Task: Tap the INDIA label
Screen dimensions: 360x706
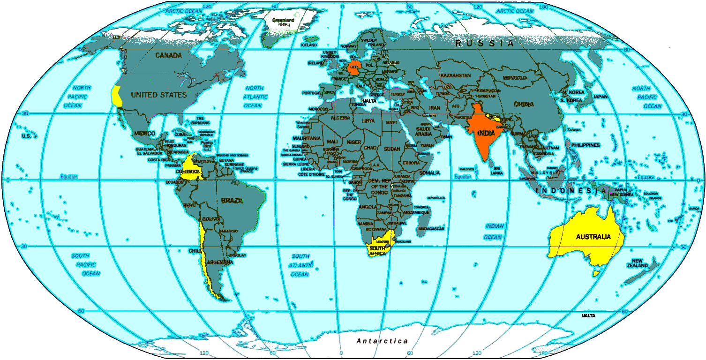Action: (x=486, y=133)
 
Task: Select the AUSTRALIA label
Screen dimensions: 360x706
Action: (x=593, y=237)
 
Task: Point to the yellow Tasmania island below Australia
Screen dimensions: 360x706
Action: (x=597, y=272)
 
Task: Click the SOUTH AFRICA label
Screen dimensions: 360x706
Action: (x=377, y=250)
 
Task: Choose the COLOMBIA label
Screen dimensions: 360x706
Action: (x=190, y=172)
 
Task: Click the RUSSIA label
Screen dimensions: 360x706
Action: (x=485, y=44)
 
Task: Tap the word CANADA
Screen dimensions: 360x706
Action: (x=168, y=55)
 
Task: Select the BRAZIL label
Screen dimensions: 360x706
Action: (x=232, y=201)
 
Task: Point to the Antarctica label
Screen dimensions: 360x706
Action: (x=382, y=341)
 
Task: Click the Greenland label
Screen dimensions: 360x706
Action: (x=284, y=21)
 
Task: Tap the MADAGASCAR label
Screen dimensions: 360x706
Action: (x=431, y=229)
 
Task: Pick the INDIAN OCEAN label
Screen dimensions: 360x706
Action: (x=494, y=232)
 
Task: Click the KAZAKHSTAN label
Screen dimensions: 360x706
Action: (x=455, y=75)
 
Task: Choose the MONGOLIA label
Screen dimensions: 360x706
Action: (x=515, y=77)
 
